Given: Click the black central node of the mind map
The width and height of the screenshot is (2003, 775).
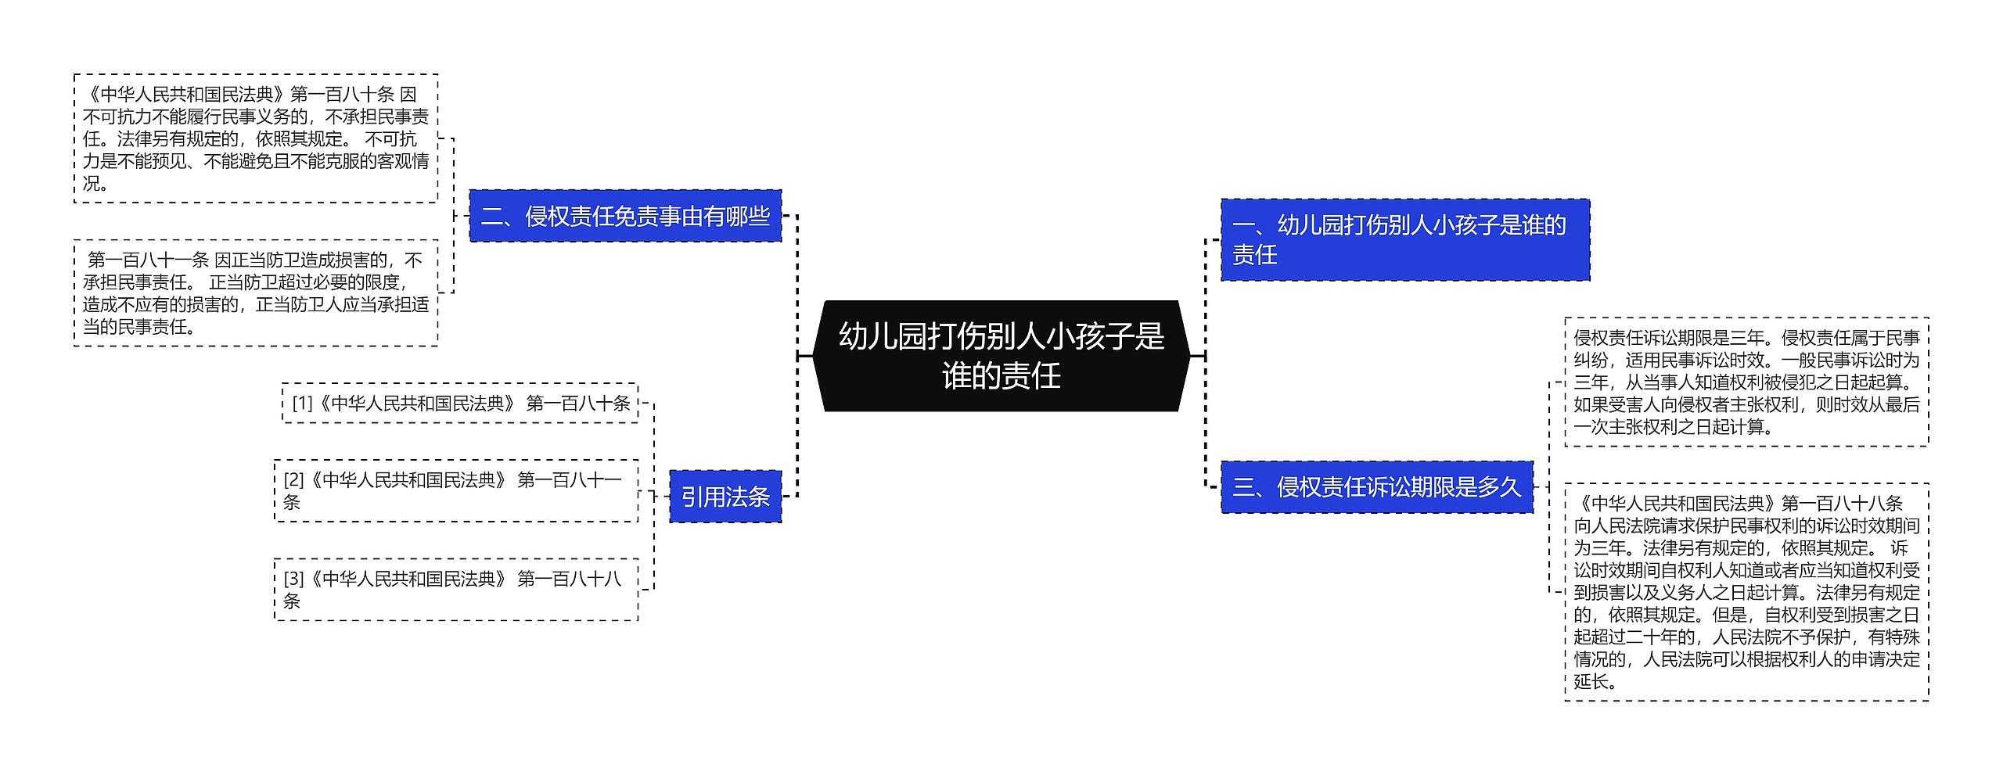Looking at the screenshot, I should pos(1001,356).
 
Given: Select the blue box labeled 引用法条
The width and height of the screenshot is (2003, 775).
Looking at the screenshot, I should pos(725,497).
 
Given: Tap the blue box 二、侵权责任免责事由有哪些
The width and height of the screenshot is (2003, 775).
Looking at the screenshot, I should pos(625,216).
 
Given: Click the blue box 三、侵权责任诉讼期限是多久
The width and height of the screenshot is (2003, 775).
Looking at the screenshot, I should pos(1376,487).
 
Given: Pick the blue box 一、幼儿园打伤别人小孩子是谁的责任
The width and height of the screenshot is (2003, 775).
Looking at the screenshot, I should pos(1404,239).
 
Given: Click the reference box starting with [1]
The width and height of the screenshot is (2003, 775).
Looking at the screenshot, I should pos(460,404).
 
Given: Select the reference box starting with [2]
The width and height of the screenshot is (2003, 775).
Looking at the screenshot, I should pos(456,490).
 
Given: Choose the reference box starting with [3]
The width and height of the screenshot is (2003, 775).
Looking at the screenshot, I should pos(456,590).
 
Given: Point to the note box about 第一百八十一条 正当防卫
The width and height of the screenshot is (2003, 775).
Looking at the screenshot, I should pos(256,293).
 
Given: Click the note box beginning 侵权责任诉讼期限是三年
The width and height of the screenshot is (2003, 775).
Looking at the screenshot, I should pos(1746,382).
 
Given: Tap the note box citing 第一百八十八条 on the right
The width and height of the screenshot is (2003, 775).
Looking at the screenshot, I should pos(1746,592).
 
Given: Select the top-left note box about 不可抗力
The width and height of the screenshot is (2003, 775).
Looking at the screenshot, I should pos(256,138).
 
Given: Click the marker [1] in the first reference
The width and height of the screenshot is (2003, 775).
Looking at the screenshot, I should pos(302,404).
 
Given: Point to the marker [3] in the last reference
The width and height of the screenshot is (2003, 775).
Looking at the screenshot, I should pos(293,579).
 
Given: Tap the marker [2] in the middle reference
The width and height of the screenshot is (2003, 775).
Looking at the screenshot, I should pos(293,480).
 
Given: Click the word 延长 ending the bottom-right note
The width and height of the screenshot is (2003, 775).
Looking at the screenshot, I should pos(1591,681).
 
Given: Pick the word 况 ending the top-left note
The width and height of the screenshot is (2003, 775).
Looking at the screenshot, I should pos(92,183).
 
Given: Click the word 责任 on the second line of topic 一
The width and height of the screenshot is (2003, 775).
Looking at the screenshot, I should pos(1254,254).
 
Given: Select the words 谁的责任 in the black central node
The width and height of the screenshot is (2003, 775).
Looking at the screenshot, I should pos(1001,376).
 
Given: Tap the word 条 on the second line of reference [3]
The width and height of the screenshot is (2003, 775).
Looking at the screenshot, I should pos(292,601).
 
